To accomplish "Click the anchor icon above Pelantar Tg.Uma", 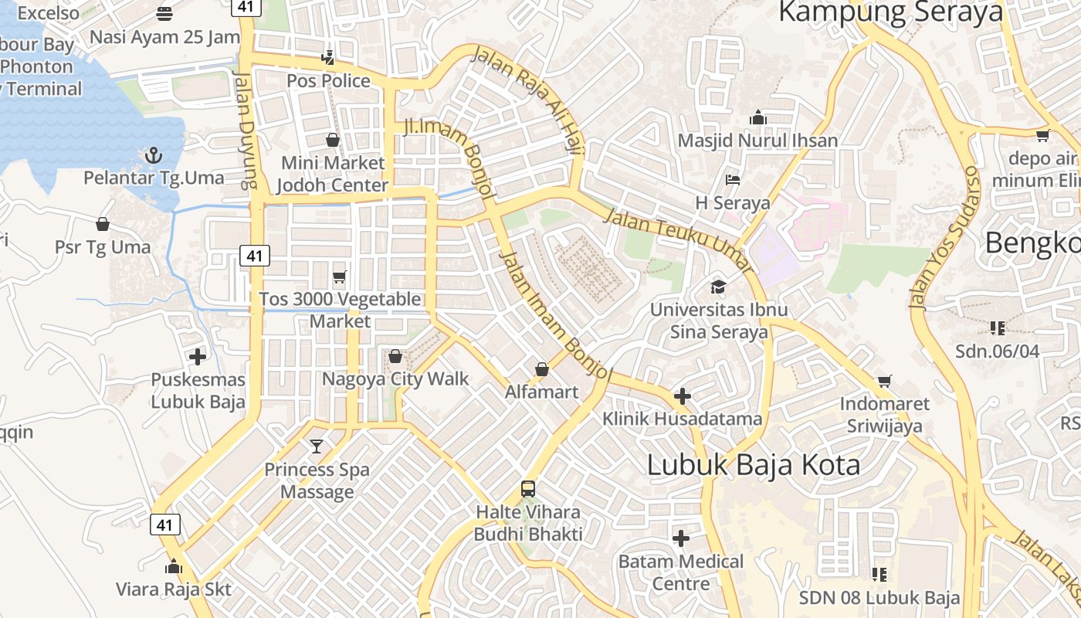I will (x=153, y=155).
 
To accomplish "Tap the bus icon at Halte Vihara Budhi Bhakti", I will (x=528, y=489).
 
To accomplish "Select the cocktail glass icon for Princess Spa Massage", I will (x=317, y=447).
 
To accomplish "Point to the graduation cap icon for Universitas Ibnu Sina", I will (x=719, y=287).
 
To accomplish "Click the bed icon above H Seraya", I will (x=733, y=180).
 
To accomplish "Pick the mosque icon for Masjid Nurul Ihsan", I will (x=757, y=117).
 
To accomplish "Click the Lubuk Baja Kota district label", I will (x=753, y=465).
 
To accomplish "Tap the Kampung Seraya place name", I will (x=890, y=12).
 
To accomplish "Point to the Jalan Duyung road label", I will (x=246, y=131).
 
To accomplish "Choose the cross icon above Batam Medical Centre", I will (x=681, y=538).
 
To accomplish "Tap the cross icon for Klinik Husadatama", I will (x=683, y=396).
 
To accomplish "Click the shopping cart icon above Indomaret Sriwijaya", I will (x=885, y=381).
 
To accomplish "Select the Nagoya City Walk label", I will (x=395, y=379).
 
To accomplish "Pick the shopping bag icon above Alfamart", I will (x=542, y=369).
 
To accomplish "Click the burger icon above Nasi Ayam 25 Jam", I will (x=164, y=13).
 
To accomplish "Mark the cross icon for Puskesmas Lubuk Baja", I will (x=198, y=356).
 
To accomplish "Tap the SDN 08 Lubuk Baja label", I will (x=879, y=597).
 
